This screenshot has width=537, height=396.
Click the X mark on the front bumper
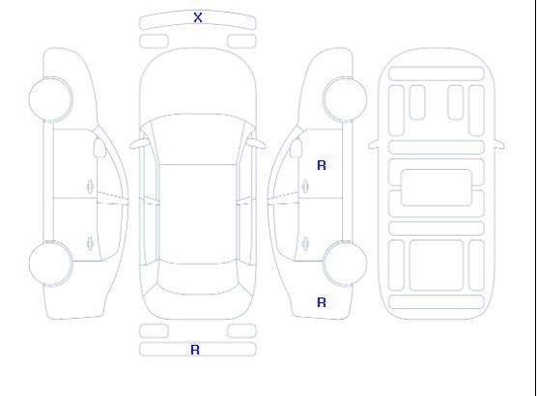pos(198,17)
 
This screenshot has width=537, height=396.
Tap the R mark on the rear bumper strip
pos(195,350)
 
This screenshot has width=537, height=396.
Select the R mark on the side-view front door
pos(322,165)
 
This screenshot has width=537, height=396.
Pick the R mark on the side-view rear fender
pos(322,302)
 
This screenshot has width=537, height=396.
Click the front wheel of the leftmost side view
pos(50,99)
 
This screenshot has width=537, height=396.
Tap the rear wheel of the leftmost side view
pos(50,264)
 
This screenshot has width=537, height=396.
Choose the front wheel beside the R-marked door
pos(345,99)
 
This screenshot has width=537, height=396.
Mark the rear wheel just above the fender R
pos(345,264)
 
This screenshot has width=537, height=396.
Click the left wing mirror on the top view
pos(138,144)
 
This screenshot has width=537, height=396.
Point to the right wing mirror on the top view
pos(257,144)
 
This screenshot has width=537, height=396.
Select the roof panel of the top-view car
pos(198,214)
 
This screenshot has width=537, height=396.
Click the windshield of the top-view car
pos(198,139)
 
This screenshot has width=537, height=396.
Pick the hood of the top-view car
pos(198,82)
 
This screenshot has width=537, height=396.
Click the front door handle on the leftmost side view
pos(91,186)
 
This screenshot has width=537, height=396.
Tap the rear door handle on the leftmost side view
pos(91,243)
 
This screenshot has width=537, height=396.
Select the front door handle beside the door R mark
pos(305,186)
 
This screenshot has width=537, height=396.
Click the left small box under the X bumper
pos(155,42)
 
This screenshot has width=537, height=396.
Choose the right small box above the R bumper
pos(241,331)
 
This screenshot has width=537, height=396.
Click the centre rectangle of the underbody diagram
pos(437,187)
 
